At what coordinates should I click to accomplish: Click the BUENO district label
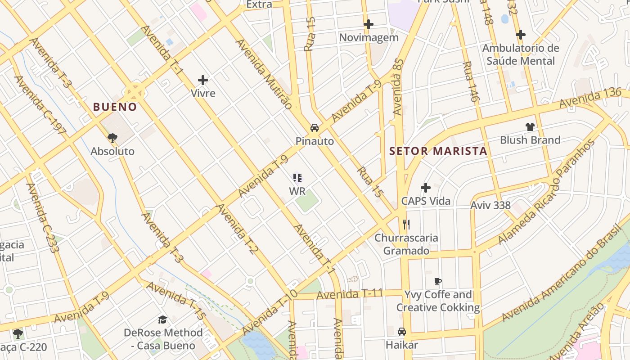[x=115, y=107]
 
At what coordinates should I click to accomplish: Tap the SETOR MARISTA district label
[x=438, y=151]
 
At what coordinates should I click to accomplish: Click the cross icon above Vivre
[x=203, y=81]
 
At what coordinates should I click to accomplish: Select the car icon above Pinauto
[x=315, y=128]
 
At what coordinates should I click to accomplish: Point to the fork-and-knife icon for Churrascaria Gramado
[x=406, y=224]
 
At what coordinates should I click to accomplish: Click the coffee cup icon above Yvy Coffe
[x=438, y=282]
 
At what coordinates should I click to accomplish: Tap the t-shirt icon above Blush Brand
[x=530, y=127]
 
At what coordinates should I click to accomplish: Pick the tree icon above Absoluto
[x=112, y=138]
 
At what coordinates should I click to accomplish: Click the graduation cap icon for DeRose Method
[x=162, y=319]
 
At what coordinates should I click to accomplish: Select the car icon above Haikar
[x=402, y=332]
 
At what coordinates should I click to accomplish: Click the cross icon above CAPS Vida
[x=426, y=188]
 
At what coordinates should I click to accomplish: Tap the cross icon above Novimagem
[x=369, y=24]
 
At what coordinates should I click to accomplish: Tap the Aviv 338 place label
[x=490, y=206]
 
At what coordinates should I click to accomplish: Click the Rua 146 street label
[x=471, y=81]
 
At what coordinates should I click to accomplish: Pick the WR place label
[x=297, y=191]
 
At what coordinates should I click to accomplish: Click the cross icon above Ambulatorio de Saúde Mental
[x=521, y=35]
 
